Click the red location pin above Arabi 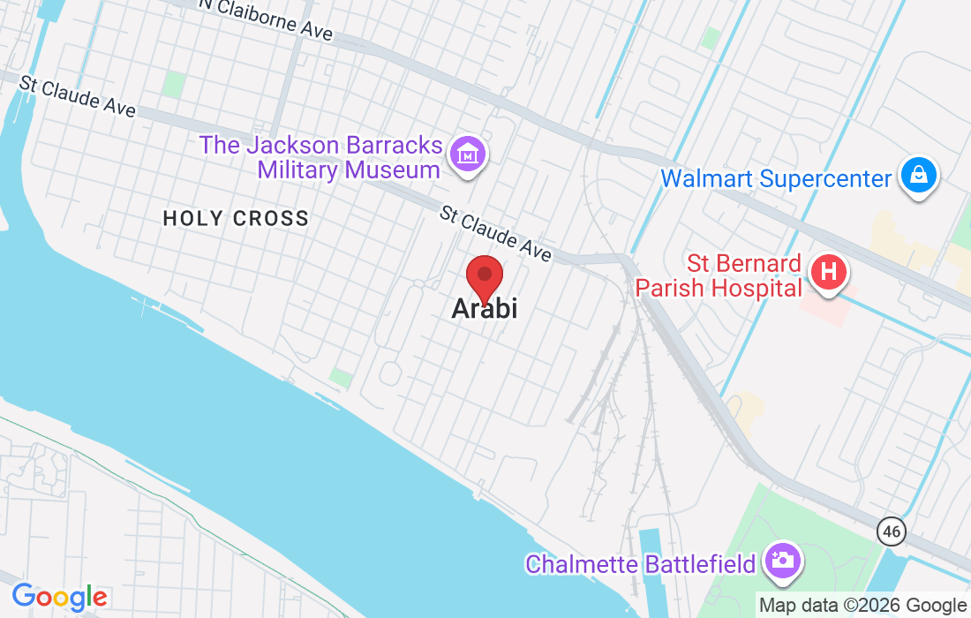[x=485, y=277]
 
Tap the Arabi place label [x=484, y=308]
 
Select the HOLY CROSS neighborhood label [x=236, y=218]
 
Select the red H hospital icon [x=829, y=270]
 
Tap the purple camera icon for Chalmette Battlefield [x=781, y=560]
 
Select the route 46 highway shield [x=892, y=531]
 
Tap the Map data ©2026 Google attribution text [x=862, y=605]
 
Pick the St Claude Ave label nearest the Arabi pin [x=495, y=234]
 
